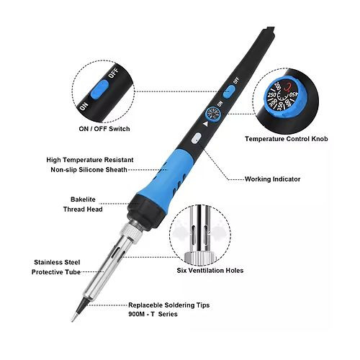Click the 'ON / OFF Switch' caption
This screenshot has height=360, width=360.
(104, 129)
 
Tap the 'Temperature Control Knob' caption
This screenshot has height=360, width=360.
(287, 139)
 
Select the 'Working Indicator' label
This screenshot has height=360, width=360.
(272, 179)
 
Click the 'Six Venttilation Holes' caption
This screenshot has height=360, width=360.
(210, 271)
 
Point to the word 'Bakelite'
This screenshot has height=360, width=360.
(83, 199)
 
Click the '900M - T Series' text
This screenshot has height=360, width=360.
(153, 314)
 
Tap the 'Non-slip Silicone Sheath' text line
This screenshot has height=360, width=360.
(89, 170)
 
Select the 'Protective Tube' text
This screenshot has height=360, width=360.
(56, 272)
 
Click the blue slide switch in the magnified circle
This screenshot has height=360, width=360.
(99, 89)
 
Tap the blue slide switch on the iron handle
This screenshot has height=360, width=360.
(229, 92)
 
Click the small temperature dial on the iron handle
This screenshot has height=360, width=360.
(212, 114)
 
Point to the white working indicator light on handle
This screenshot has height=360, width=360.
(197, 138)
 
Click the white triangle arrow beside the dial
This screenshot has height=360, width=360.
(205, 124)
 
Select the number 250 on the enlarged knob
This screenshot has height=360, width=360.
(272, 95)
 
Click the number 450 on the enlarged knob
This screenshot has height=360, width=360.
(293, 94)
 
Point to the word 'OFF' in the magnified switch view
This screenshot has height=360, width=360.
(113, 73)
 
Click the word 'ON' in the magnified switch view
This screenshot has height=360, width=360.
(84, 107)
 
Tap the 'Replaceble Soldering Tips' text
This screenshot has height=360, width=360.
(169, 305)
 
